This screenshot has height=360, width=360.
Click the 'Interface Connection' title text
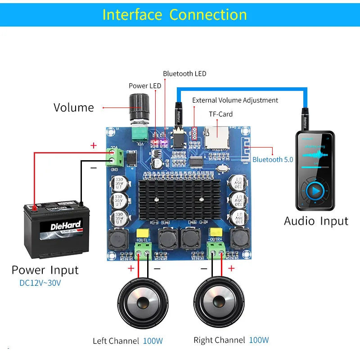(175, 14)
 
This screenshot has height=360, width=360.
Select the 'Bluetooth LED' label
(184, 74)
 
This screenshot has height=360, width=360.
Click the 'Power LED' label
(145, 86)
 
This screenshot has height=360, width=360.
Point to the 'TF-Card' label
(220, 114)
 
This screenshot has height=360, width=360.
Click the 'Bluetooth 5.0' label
(273, 159)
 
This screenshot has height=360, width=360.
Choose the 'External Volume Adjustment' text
(235, 100)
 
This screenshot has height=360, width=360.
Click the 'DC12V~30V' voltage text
(40, 283)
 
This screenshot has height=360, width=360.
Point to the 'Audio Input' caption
(316, 221)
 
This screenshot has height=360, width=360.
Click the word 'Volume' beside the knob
(74, 108)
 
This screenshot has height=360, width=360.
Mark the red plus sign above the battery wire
(94, 145)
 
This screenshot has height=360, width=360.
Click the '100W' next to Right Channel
(259, 340)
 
